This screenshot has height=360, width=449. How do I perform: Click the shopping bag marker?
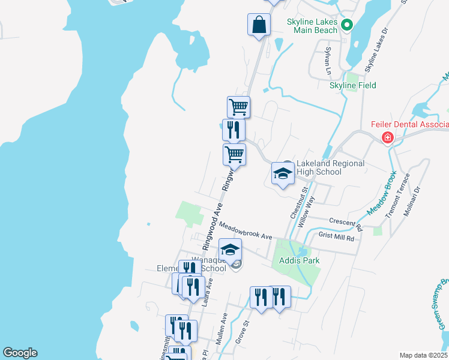tap(259, 25)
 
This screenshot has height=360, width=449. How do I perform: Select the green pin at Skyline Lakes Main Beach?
tap(346, 25)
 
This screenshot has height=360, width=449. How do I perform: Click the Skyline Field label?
tap(353, 85)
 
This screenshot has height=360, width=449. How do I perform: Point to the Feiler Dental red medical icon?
tap(388, 139)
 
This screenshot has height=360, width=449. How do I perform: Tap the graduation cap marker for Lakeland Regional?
tap(283, 174)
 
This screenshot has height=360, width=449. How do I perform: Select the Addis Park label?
tap(298, 260)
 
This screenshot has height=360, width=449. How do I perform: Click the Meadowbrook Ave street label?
tap(246, 230)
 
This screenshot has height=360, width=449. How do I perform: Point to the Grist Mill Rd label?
tap(337, 237)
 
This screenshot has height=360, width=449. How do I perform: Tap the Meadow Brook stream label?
tap(378, 197)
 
